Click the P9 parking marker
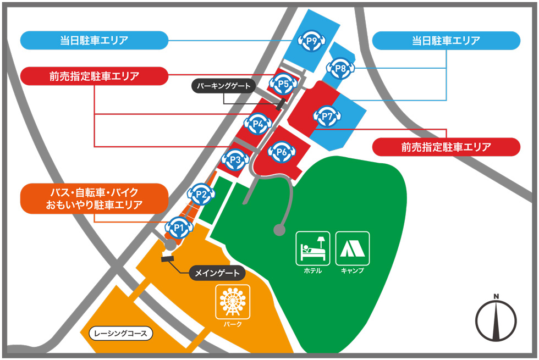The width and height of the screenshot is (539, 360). pyautogui.click(x=311, y=40)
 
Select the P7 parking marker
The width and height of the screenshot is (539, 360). pyautogui.click(x=328, y=117)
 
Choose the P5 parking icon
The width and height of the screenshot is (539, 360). pyautogui.click(x=284, y=84)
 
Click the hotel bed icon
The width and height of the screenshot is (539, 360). pyautogui.click(x=312, y=248)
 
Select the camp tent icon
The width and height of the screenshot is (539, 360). pyautogui.click(x=353, y=248)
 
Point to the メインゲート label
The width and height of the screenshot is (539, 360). pyautogui.click(x=217, y=273)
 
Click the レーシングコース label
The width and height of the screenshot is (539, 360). pyautogui.click(x=120, y=333)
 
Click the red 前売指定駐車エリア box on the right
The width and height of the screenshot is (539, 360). pyautogui.click(x=446, y=147)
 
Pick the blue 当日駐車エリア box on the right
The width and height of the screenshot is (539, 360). pyautogui.click(x=446, y=40)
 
